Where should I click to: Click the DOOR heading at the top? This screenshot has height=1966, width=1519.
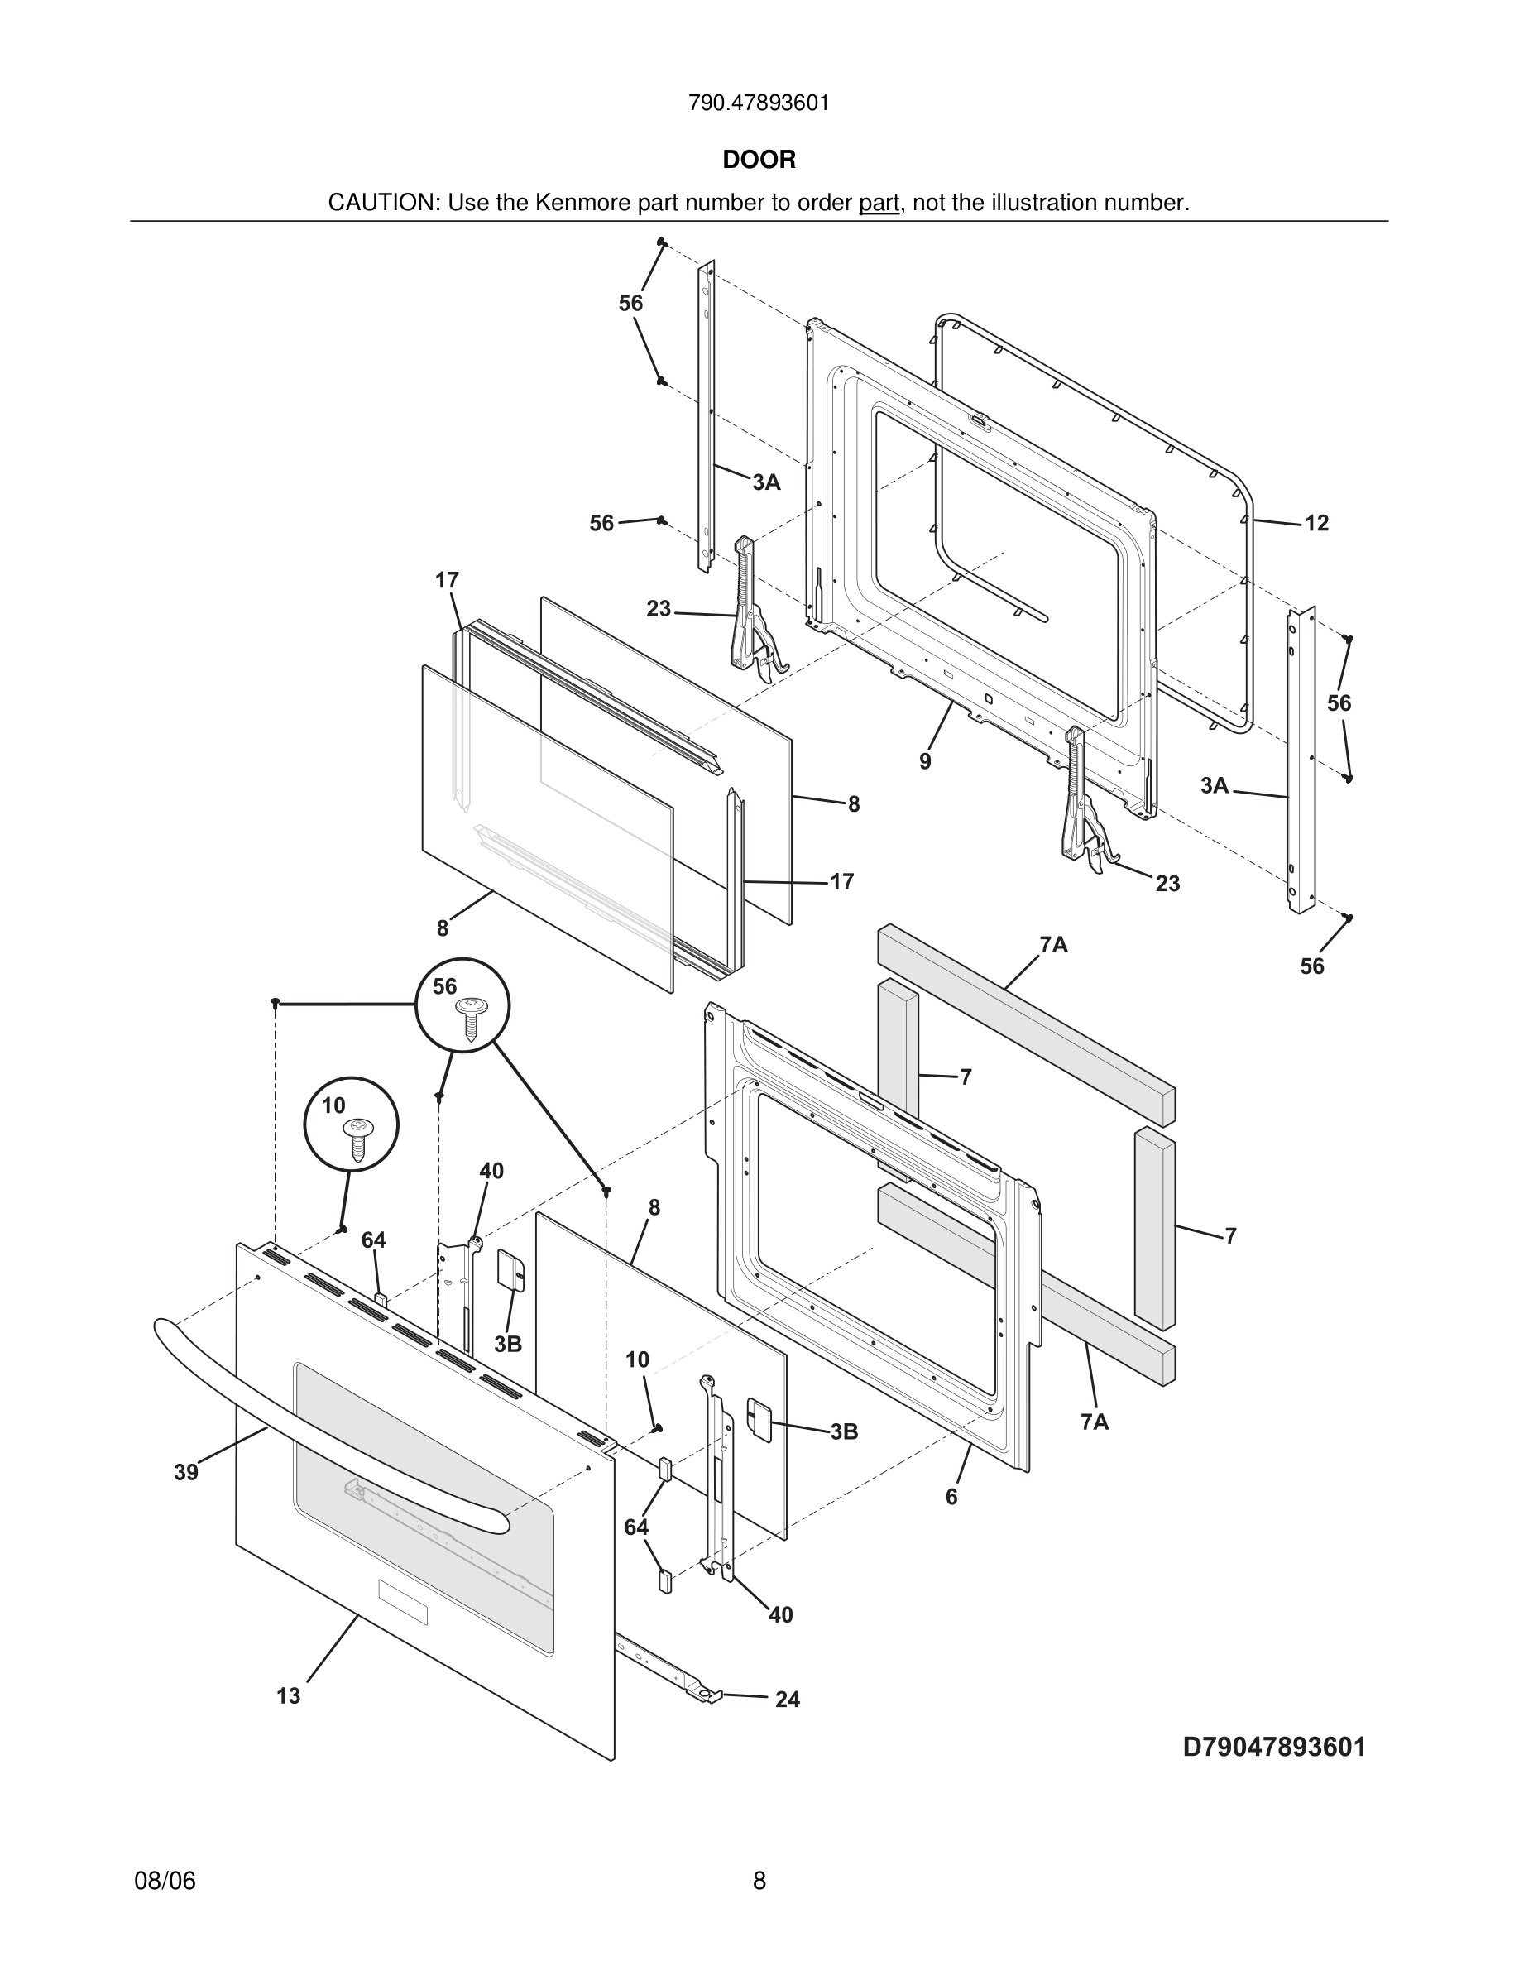point(759,160)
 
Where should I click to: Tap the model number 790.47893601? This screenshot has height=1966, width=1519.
point(759,103)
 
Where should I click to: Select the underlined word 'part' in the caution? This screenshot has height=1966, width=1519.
point(879,204)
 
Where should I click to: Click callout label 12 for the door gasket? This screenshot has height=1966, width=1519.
point(1316,523)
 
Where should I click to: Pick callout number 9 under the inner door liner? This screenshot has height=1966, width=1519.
point(925,761)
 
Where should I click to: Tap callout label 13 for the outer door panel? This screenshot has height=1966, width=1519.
point(288,1696)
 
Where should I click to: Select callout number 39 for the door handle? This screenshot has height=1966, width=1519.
point(186,1472)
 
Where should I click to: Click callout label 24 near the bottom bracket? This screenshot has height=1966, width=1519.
point(788,1700)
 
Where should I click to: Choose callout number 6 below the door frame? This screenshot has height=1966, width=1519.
point(951,1497)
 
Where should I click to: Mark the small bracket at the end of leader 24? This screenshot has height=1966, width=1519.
point(707,1694)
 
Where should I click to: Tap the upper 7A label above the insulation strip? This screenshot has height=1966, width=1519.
point(1054,944)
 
